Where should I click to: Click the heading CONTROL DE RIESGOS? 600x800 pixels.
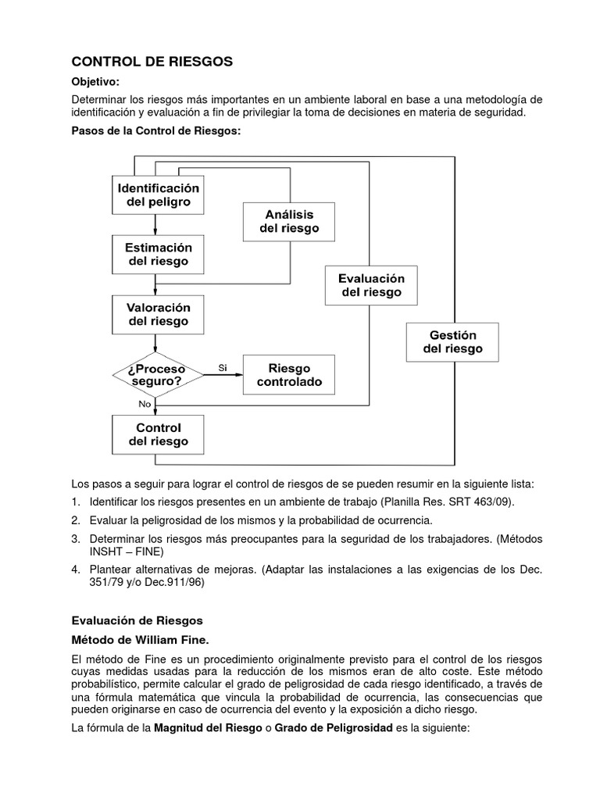[152, 62]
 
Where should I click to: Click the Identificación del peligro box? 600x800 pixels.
[158, 195]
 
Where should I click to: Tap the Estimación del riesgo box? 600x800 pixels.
[158, 254]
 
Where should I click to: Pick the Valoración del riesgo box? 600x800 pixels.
[158, 313]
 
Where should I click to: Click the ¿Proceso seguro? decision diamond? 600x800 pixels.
[158, 375]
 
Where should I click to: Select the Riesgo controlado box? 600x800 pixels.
[289, 375]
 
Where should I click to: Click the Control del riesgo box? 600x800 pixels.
[158, 435]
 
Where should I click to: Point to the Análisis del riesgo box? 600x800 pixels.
[289, 221]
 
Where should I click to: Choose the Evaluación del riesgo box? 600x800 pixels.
[371, 285]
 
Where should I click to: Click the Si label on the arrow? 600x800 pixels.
[223, 367]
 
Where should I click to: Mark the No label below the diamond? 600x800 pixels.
[145, 404]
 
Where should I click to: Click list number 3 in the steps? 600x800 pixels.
[76, 540]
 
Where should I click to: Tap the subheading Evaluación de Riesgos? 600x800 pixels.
[137, 620]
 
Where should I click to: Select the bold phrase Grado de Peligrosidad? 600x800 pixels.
[334, 728]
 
